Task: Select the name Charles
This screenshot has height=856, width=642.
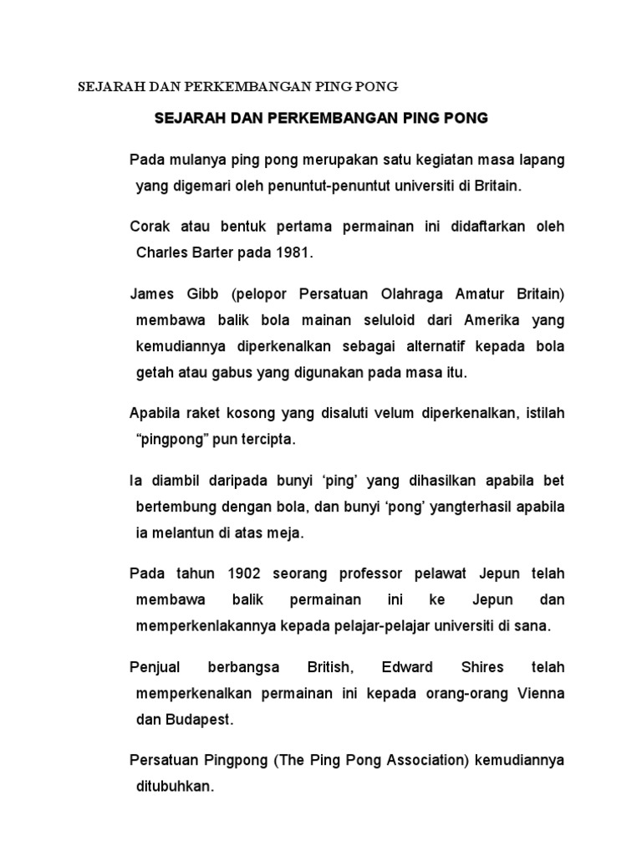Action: tap(164, 252)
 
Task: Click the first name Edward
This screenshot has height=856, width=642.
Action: tap(407, 666)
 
